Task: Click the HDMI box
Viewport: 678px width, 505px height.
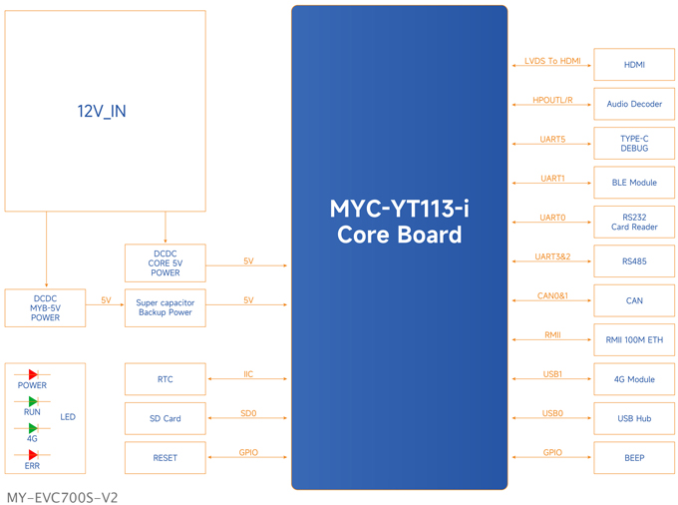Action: [634, 65]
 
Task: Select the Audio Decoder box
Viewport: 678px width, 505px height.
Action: [634, 104]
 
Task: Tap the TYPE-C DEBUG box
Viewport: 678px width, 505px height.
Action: [634, 144]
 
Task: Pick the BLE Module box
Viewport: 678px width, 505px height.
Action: [634, 183]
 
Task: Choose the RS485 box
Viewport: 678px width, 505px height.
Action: [634, 260]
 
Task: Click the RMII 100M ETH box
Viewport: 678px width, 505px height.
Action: [634, 339]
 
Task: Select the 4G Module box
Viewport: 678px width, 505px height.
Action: [634, 379]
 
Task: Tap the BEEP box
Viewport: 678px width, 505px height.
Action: [634, 457]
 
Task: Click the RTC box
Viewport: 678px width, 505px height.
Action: [166, 379]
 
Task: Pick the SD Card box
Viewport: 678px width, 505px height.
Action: [166, 418]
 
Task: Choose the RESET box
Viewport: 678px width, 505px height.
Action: [166, 457]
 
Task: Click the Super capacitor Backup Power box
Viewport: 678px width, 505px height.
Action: [166, 307]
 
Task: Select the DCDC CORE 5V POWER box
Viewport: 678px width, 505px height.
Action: [166, 263]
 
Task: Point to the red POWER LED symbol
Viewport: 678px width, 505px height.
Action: [33, 374]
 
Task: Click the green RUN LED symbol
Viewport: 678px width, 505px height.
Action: [33, 401]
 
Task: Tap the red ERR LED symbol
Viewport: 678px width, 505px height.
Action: [33, 455]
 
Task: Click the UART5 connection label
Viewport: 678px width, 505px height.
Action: [552, 139]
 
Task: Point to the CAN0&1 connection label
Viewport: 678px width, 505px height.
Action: [552, 295]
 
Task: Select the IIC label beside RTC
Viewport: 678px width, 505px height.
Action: [248, 374]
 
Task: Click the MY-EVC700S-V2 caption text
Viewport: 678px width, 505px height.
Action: [62, 498]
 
